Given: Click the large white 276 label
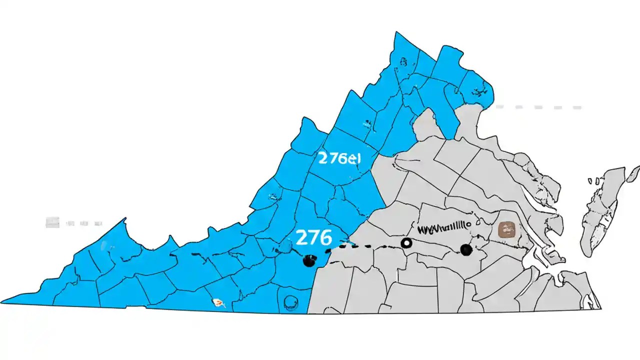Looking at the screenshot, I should [x=313, y=237].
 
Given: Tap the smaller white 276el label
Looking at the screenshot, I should [x=338, y=158].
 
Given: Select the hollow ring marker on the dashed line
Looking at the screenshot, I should [x=407, y=243].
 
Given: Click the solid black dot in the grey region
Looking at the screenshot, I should [x=466, y=249].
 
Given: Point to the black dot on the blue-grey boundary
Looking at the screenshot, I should [x=309, y=260].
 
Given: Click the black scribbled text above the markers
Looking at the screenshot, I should [x=444, y=228].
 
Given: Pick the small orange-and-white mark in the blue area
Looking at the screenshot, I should [x=217, y=302].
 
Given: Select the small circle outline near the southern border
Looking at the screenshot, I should [x=290, y=300].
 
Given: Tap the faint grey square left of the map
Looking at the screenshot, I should [x=52, y=222].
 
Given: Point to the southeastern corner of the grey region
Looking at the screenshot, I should [x=600, y=308].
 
